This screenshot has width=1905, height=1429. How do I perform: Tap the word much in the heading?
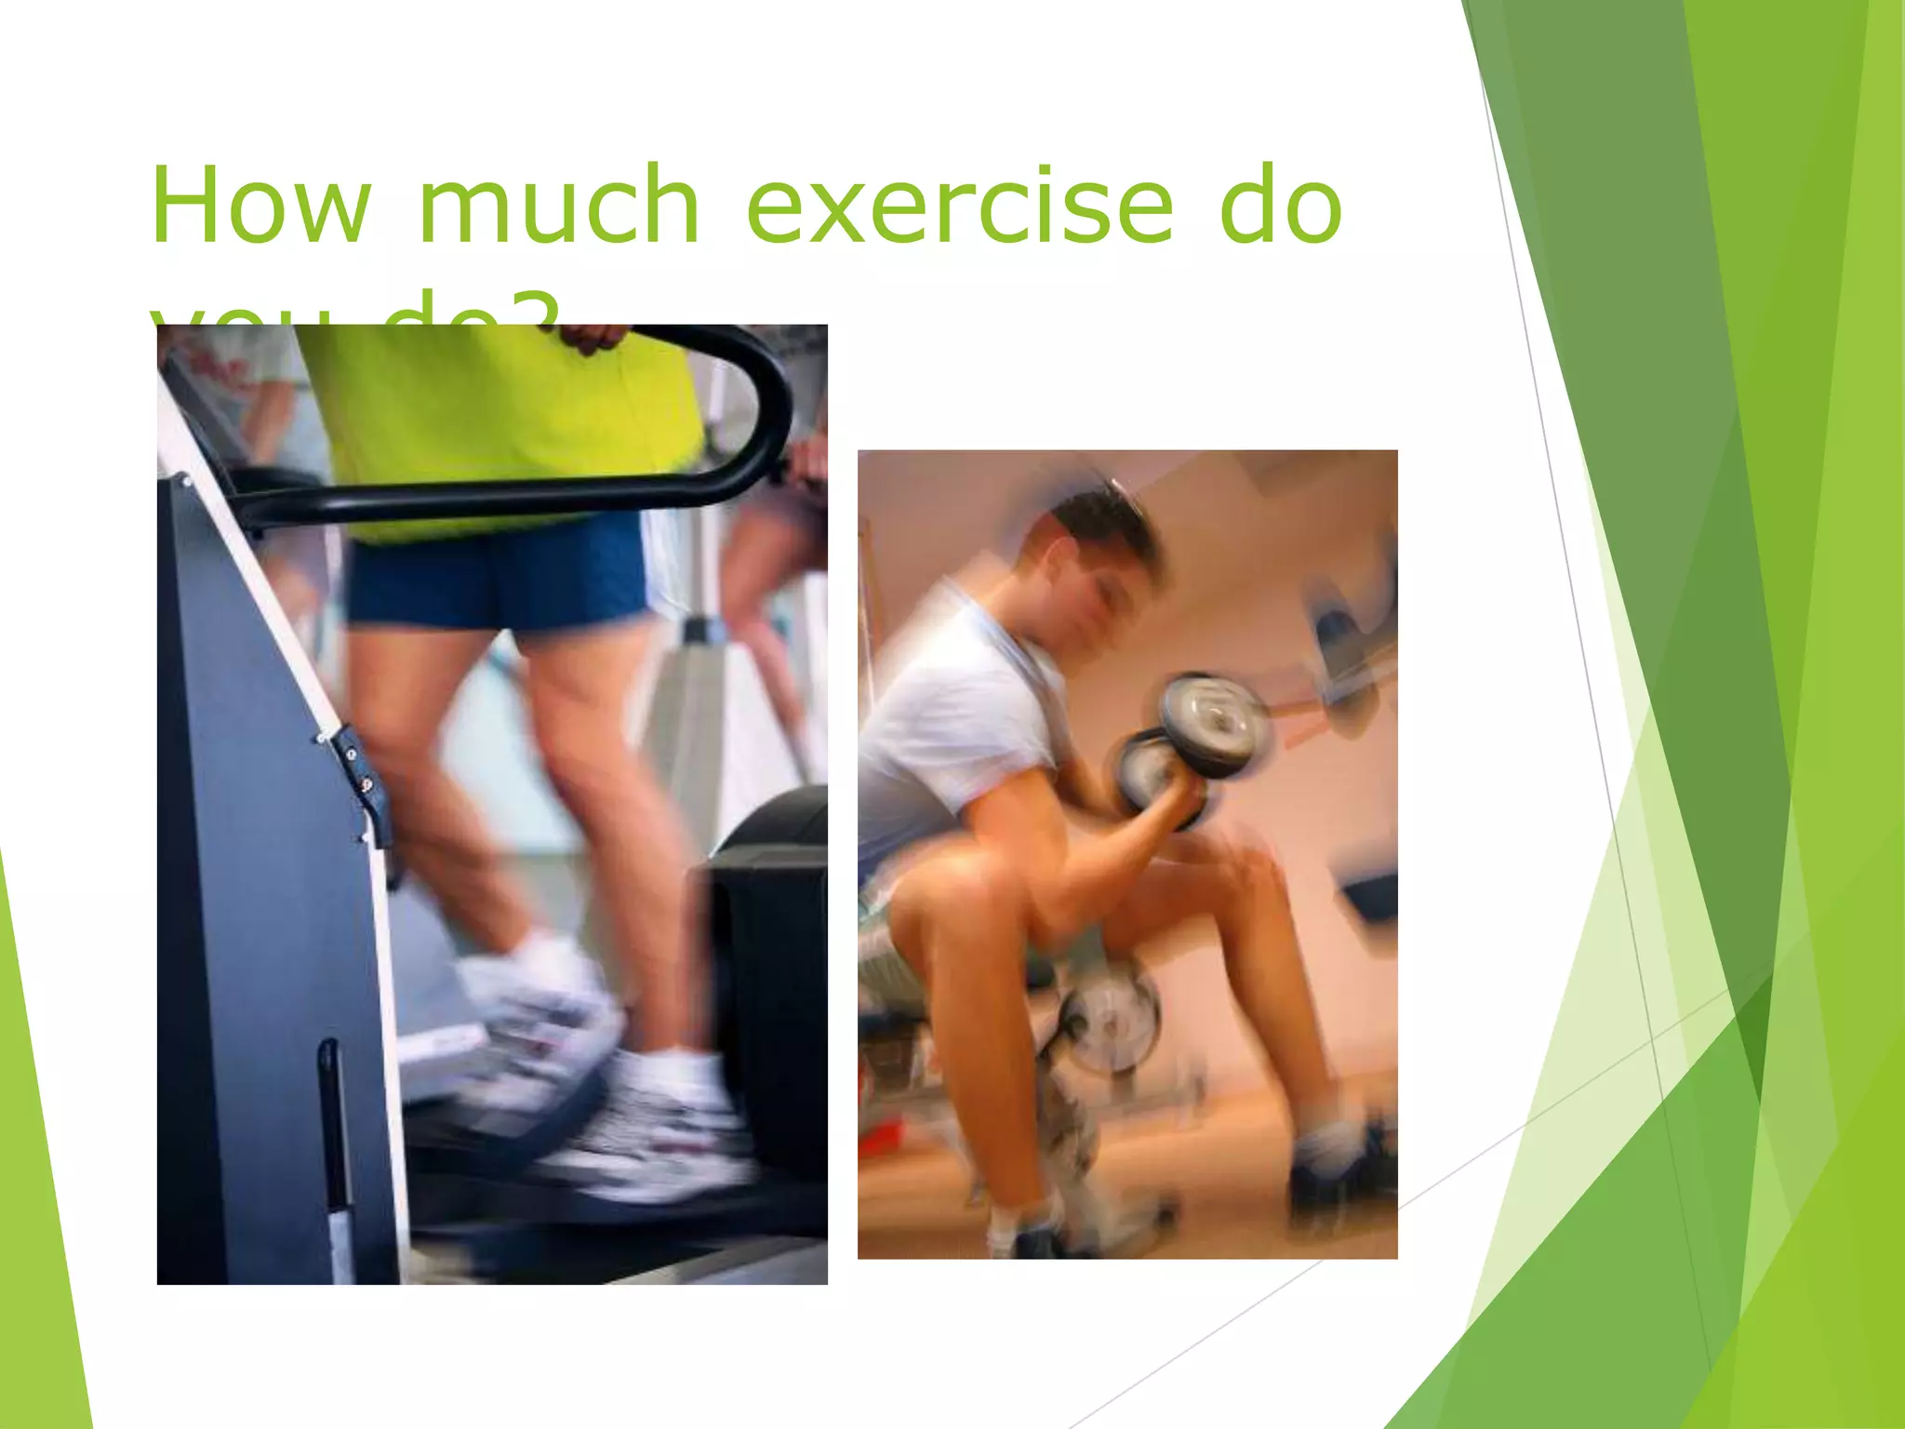pyautogui.click(x=558, y=205)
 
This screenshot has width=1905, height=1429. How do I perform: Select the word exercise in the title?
pyautogui.click(x=960, y=205)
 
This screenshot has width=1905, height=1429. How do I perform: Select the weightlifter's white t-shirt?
pyautogui.click(x=958, y=707)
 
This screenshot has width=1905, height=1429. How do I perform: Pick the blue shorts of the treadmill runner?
pyautogui.click(x=498, y=572)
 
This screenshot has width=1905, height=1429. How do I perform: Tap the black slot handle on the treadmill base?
pyautogui.click(x=330, y=1116)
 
